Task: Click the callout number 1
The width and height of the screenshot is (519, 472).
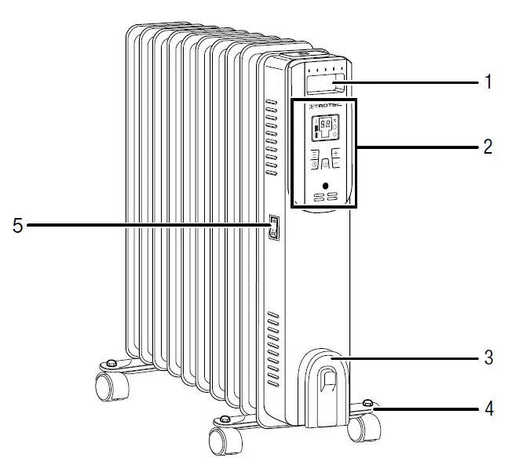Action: pyautogui.click(x=488, y=82)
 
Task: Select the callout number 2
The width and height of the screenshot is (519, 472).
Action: pyautogui.click(x=488, y=146)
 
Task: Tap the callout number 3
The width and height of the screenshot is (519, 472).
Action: pyautogui.click(x=488, y=358)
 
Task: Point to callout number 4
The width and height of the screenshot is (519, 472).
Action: pyautogui.click(x=488, y=408)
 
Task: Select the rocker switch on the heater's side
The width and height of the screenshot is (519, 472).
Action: pyautogui.click(x=273, y=228)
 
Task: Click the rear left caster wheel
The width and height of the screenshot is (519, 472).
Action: pyautogui.click(x=105, y=387)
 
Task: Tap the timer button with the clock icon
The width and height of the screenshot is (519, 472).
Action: pyautogui.click(x=313, y=165)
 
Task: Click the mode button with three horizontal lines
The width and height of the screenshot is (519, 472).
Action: pyautogui.click(x=314, y=154)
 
